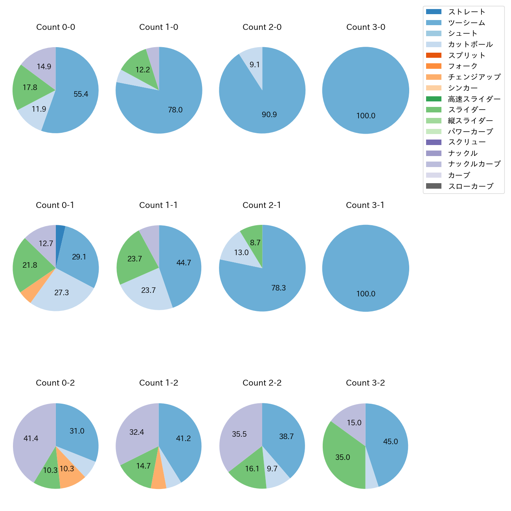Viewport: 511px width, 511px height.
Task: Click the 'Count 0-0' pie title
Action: click(x=55, y=27)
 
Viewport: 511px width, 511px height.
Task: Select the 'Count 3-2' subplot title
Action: click(x=365, y=383)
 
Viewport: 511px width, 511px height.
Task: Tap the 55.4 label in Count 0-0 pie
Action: click(x=81, y=94)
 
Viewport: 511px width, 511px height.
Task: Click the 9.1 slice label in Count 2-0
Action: click(x=255, y=64)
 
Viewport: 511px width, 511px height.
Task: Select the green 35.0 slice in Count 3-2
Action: click(x=343, y=457)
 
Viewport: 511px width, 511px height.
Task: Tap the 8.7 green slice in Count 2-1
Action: click(x=255, y=243)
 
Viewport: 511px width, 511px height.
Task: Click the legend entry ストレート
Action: click(x=467, y=12)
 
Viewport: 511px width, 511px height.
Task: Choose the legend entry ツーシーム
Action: click(x=467, y=23)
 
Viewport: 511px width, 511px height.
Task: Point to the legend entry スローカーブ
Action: click(x=471, y=186)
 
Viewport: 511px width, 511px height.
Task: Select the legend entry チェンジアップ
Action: click(x=474, y=77)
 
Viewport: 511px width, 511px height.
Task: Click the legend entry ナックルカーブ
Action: click(x=474, y=164)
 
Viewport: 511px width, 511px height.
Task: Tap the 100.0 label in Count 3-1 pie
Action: click(x=366, y=294)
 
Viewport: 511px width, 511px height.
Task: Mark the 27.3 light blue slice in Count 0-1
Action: click(x=62, y=292)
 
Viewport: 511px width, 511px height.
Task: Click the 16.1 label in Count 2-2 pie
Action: click(x=252, y=469)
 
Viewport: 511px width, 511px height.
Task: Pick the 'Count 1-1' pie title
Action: click(x=158, y=205)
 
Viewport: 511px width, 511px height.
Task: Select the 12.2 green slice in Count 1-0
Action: click(x=143, y=70)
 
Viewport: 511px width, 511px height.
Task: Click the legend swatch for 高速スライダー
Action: click(x=434, y=99)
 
